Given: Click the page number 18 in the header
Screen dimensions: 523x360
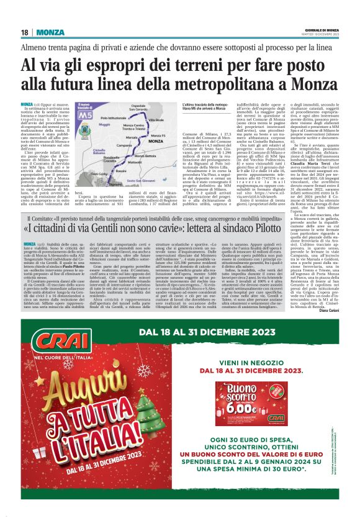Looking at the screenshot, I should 25,32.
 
